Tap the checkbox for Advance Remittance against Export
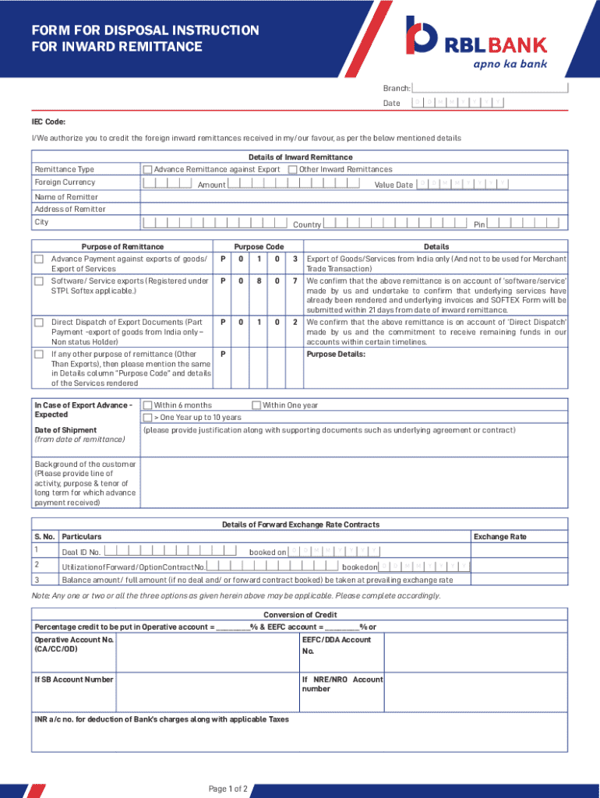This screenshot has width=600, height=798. coord(147,169)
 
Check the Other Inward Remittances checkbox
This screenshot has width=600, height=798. coord(292,169)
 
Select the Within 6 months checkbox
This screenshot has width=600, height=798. coord(147,405)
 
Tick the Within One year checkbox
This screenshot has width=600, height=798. coord(256,405)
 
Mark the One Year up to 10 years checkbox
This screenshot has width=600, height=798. coord(147,418)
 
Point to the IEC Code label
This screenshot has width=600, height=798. coord(48,122)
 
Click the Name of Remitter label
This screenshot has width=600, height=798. coord(66,197)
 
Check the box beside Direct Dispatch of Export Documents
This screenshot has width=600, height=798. coord(38,322)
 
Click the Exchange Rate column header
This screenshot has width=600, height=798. coord(499,537)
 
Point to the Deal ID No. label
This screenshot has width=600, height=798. coord(81,553)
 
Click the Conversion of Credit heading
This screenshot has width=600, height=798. coord(300,615)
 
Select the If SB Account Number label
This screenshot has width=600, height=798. coord(74,680)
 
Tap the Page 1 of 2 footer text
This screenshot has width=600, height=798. coord(228,789)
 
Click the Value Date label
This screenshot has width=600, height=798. coord(394,185)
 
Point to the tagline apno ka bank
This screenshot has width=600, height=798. coord(510,63)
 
